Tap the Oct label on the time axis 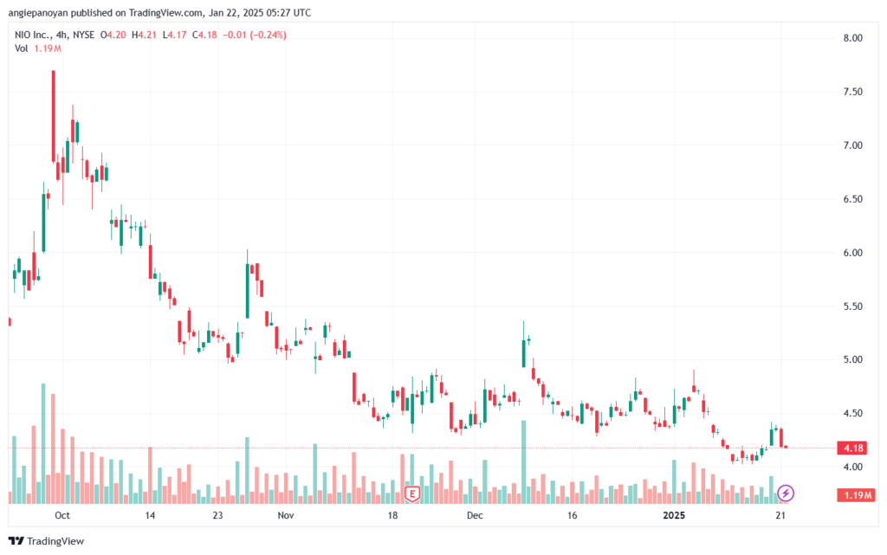point(61,515)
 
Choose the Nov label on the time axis point(287,515)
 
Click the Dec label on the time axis point(475,515)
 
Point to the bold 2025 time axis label point(677,515)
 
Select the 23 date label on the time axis point(217,515)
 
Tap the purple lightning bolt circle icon point(786,494)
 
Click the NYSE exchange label point(83,35)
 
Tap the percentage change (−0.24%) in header point(268,35)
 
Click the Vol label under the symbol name point(22,48)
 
